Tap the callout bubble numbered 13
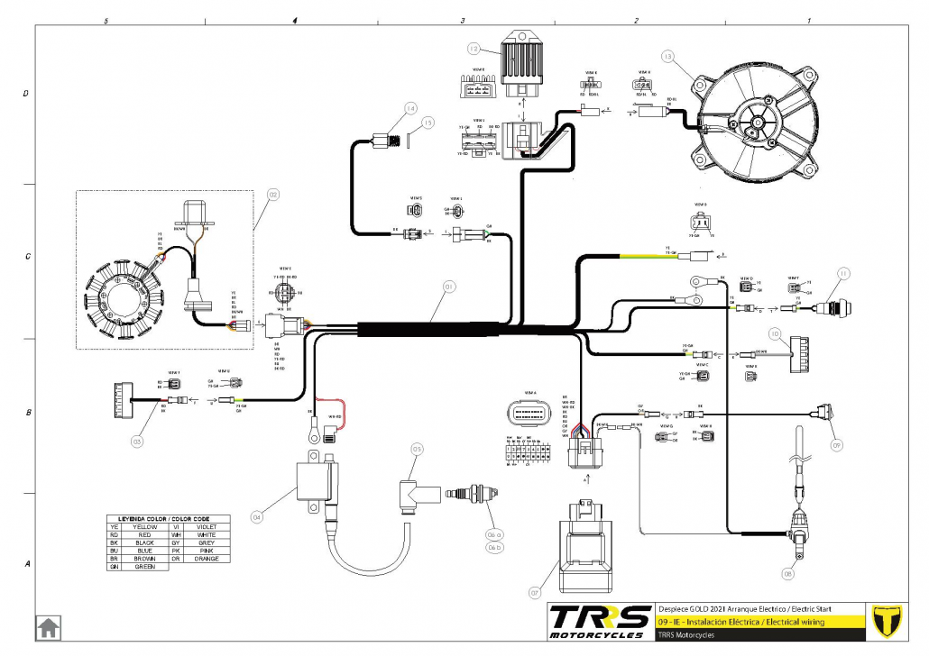click(668, 56)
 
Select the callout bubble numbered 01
click(449, 287)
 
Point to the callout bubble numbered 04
click(257, 517)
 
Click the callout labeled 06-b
click(493, 547)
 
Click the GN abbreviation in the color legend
click(113, 567)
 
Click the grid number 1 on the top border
click(809, 19)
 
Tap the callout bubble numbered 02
click(272, 193)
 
